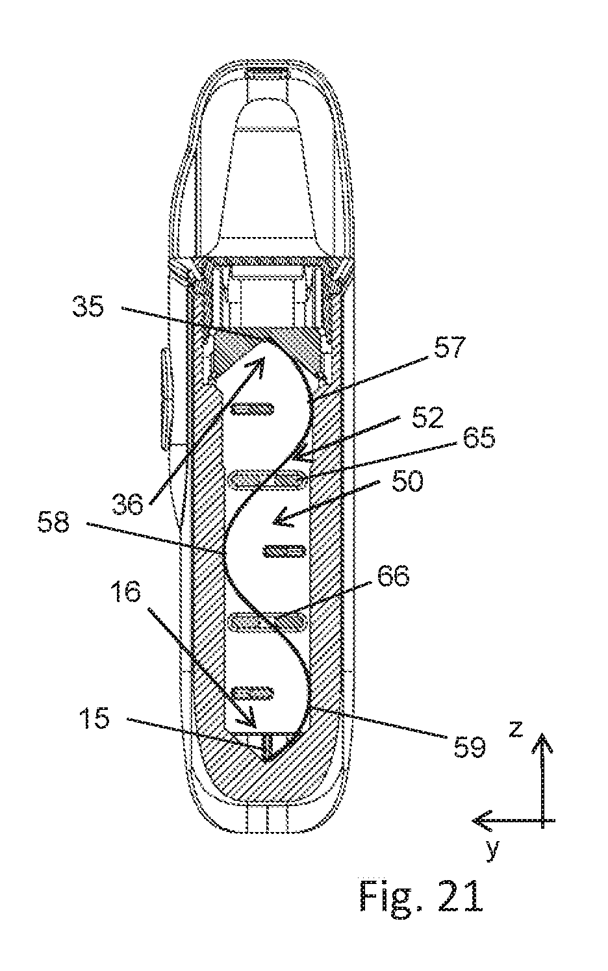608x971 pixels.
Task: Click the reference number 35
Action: click(88, 307)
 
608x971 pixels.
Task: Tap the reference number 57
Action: click(448, 347)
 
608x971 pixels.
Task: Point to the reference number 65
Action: click(479, 438)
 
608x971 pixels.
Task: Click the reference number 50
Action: click(407, 481)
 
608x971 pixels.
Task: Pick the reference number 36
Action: click(127, 505)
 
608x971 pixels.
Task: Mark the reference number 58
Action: click(53, 523)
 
